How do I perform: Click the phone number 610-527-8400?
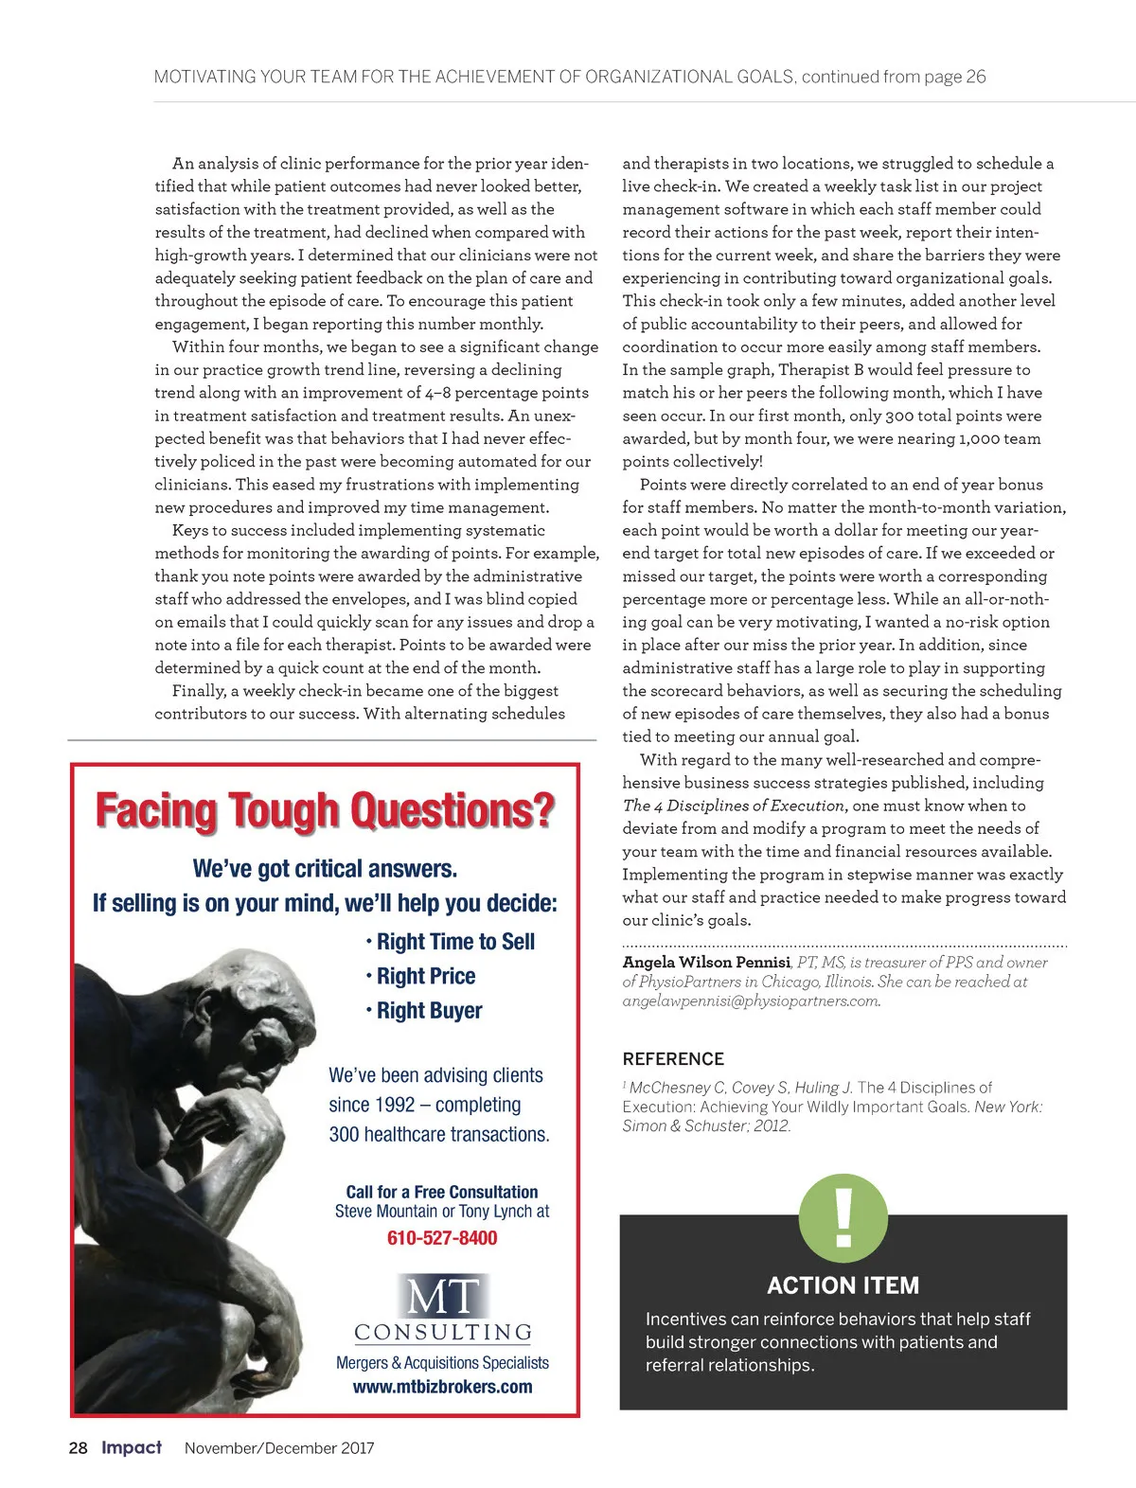coord(442,1238)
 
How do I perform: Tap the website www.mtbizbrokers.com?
coord(442,1387)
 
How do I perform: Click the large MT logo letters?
coord(442,1296)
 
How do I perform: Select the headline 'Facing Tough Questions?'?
coord(325,811)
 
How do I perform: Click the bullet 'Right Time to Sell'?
coord(455,942)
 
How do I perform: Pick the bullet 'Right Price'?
coord(426,976)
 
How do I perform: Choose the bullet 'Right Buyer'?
coord(429,1011)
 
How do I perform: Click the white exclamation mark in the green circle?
coord(843,1215)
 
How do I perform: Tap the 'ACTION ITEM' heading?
coord(843,1285)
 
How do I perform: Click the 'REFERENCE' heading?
coord(673,1059)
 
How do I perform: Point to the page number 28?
coord(78,1448)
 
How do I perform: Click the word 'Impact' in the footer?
coord(132,1448)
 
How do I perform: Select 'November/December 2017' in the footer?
coord(279,1448)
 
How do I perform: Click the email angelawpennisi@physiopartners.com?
coord(751,1001)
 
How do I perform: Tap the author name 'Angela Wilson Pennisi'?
coord(706,963)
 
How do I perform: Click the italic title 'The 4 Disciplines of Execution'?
coord(734,806)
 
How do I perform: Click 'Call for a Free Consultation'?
coord(442,1192)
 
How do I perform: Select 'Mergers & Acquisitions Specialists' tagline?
coord(442,1363)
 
